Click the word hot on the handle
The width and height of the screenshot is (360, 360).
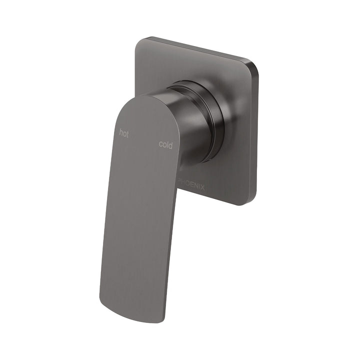pos(123,133)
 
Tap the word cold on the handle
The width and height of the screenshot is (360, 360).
pos(166,145)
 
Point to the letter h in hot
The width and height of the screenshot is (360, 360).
pos(120,132)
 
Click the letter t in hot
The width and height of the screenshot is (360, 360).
pos(127,134)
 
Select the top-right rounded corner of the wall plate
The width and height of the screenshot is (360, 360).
pos(255,65)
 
